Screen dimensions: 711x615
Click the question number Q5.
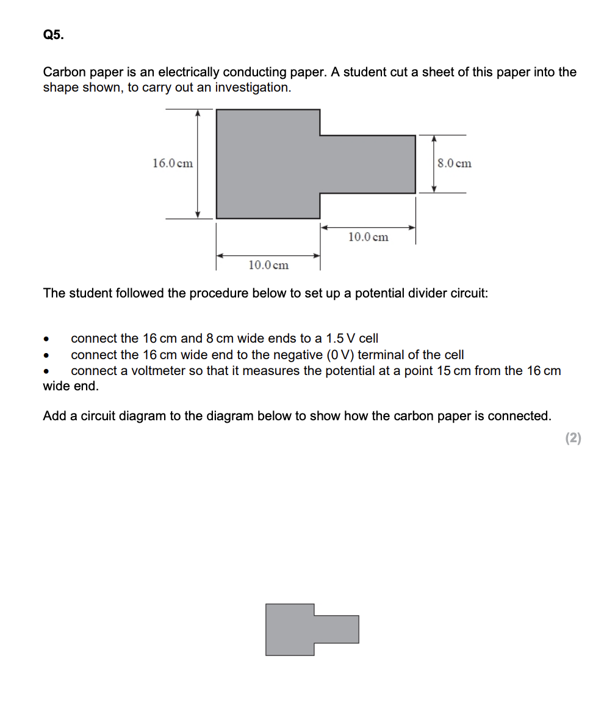point(52,35)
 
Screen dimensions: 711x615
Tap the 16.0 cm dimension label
point(173,163)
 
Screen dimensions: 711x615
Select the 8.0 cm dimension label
point(455,163)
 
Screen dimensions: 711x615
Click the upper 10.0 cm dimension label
point(368,237)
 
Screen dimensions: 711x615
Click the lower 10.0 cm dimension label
point(268,265)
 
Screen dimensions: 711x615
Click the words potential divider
point(400,293)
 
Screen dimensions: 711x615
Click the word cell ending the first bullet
point(369,338)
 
